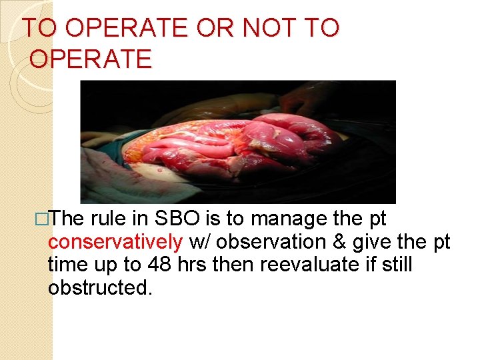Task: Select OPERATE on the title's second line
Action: click(91, 59)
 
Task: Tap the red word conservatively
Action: click(115, 242)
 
